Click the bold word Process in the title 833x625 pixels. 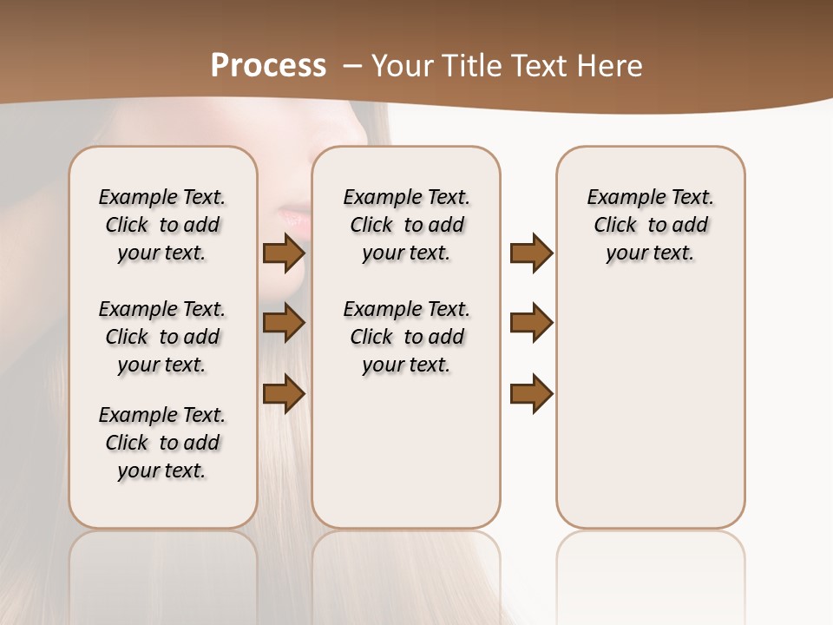coord(268,66)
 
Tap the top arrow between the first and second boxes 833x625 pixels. coord(284,253)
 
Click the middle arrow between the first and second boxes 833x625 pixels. coord(284,323)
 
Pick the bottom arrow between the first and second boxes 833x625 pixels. coord(284,393)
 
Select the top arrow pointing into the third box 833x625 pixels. coord(531,253)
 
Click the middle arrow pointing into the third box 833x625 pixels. coord(531,323)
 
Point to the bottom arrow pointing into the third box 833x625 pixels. coord(531,393)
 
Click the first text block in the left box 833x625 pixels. coord(162,225)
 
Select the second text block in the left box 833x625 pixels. coord(162,337)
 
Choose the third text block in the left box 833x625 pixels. coord(162,443)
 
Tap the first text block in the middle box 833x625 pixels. coord(406,225)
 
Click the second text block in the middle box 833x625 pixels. coord(406,337)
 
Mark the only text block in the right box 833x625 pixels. coord(650,225)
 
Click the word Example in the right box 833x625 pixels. coord(621,197)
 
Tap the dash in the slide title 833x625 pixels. coord(352,66)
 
